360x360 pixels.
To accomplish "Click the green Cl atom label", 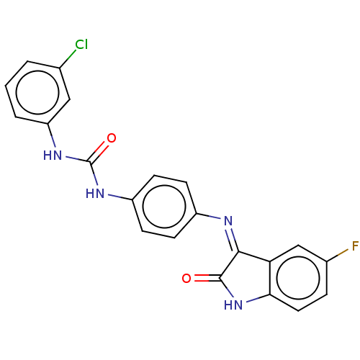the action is (81, 45).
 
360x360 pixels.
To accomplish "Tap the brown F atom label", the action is (355, 246).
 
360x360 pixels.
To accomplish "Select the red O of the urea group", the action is (112, 138).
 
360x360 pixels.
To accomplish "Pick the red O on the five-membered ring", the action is (186, 278).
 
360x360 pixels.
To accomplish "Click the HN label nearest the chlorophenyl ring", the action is (53, 156).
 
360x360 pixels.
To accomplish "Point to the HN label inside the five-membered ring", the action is (233, 305).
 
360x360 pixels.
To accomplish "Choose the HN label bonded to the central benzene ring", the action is (95, 194).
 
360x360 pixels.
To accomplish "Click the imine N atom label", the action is (228, 221).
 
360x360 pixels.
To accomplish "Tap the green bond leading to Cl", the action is (68, 58).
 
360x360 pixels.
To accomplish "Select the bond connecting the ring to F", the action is (338, 256).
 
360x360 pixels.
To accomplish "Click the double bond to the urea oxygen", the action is (98, 152).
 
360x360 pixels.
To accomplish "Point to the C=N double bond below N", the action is (232, 239).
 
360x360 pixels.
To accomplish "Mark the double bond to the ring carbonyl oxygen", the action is (207, 278).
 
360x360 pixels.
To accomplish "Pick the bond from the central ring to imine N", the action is (209, 216).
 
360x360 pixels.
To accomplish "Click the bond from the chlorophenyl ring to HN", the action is (52, 135).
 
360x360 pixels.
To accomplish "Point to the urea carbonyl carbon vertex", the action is (90, 163).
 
